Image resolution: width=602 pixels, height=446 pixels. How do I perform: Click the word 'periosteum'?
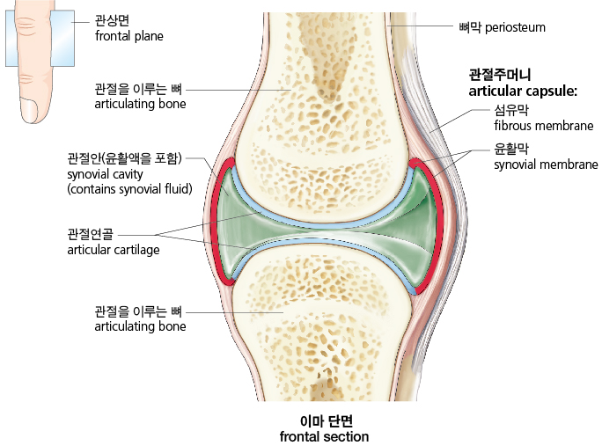pyautogui.click(x=515, y=27)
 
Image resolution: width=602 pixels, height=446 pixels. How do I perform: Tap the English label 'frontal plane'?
pyautogui.click(x=129, y=36)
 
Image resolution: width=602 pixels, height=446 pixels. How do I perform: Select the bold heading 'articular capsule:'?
pyautogui.click(x=523, y=91)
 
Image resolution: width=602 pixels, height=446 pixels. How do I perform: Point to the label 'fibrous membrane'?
pyautogui.click(x=544, y=126)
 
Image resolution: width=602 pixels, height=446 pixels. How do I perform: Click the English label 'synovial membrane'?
pyautogui.click(x=546, y=165)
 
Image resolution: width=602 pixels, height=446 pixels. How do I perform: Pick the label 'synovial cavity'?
pyautogui.click(x=105, y=174)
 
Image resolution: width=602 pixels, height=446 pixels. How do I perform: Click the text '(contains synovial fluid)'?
pyautogui.click(x=129, y=189)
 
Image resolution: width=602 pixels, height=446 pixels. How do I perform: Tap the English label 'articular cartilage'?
pyautogui.click(x=114, y=250)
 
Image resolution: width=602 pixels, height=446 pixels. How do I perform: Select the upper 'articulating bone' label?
pyautogui.click(x=140, y=104)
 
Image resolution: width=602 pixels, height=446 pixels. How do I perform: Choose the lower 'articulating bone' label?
pyautogui.click(x=140, y=326)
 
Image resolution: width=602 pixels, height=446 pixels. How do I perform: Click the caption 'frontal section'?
pyautogui.click(x=324, y=437)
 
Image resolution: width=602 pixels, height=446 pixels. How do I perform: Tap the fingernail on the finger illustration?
pyautogui.click(x=29, y=110)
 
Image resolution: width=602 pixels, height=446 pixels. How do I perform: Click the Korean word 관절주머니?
pyautogui.click(x=500, y=75)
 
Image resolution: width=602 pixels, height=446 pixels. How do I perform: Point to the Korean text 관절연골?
pyautogui.click(x=91, y=234)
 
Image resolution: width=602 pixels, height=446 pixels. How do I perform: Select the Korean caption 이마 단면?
pyautogui.click(x=327, y=421)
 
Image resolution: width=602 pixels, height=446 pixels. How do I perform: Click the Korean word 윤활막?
pyautogui.click(x=511, y=149)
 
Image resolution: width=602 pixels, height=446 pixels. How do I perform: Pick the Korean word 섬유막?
pyautogui.click(x=511, y=110)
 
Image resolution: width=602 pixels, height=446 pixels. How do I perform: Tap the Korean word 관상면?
pyautogui.click(x=112, y=20)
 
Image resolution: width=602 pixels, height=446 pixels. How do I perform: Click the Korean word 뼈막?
pyautogui.click(x=470, y=27)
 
